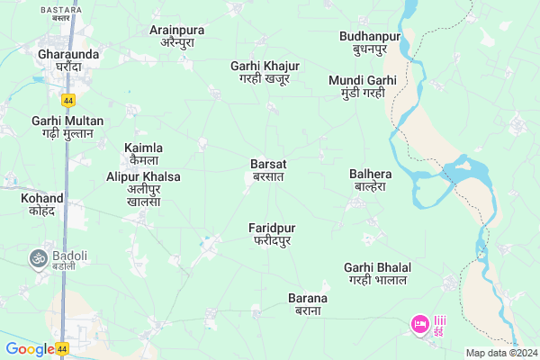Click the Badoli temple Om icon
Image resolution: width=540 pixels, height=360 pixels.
[x=39, y=258]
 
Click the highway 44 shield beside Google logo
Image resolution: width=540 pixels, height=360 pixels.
[x=61, y=348]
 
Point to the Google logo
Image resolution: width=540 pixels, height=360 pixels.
[x=29, y=349]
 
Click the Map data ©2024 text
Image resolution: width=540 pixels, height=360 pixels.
[x=499, y=352]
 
